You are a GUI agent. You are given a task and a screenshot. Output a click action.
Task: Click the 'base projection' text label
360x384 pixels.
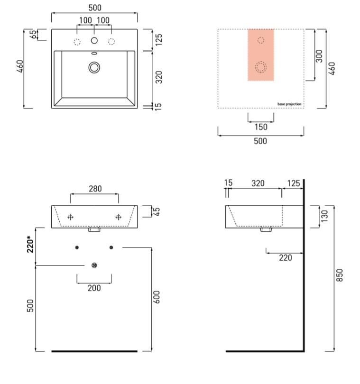pos(289,104)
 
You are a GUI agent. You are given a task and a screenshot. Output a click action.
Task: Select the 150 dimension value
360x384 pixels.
pos(261,127)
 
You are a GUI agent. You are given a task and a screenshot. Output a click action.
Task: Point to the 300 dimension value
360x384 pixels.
pos(319,56)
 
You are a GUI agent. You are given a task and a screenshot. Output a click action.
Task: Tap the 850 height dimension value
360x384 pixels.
pos(340,275)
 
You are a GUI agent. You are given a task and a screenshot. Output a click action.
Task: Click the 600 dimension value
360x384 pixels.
pos(156,297)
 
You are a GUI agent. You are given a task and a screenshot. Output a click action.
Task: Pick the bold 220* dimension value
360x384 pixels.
pos(30,244)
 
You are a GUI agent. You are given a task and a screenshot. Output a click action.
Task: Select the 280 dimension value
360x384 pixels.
pos(95,189)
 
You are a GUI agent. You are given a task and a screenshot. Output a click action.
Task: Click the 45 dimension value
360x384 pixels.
pos(157,211)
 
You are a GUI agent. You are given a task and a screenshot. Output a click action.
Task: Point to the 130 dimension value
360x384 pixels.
pos(324,216)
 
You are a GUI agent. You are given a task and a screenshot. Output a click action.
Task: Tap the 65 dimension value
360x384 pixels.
pos(33,34)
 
